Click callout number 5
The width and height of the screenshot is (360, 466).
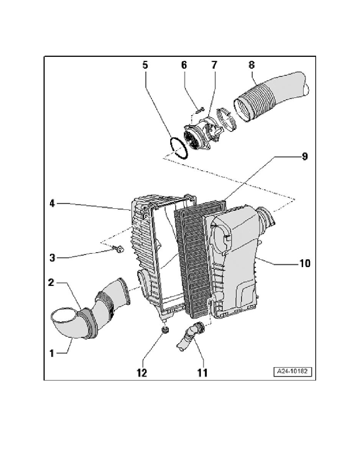[145, 65]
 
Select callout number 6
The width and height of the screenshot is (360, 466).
[184, 65]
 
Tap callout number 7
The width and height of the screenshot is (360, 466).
[215, 65]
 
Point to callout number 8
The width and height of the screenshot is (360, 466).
[252, 65]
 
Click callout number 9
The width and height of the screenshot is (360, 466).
[305, 157]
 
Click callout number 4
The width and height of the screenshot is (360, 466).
[53, 204]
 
